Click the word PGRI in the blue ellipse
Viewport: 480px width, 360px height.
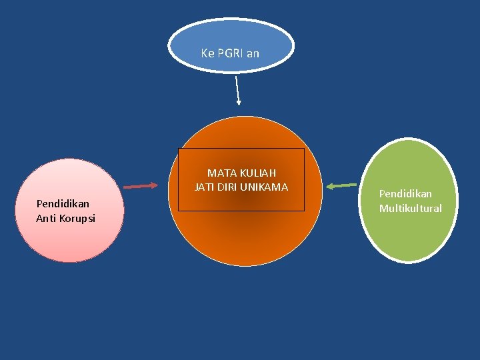231,53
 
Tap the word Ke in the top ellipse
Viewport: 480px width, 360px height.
207,53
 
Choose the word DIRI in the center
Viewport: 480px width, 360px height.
228,187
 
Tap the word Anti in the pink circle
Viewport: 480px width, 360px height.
47,218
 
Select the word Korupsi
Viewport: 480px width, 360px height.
77,218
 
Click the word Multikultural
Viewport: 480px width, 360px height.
410,209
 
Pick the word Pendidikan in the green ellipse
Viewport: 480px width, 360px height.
405,193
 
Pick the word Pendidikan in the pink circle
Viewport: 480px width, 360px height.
63,203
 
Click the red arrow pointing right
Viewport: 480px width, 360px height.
141,187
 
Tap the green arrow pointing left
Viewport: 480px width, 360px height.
341,185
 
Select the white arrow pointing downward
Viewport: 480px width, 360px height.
237,90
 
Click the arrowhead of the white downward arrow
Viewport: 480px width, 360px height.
239,102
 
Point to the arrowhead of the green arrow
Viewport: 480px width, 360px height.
329,186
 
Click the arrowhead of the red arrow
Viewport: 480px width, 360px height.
155,185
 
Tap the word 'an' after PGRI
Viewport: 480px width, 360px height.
253,53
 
